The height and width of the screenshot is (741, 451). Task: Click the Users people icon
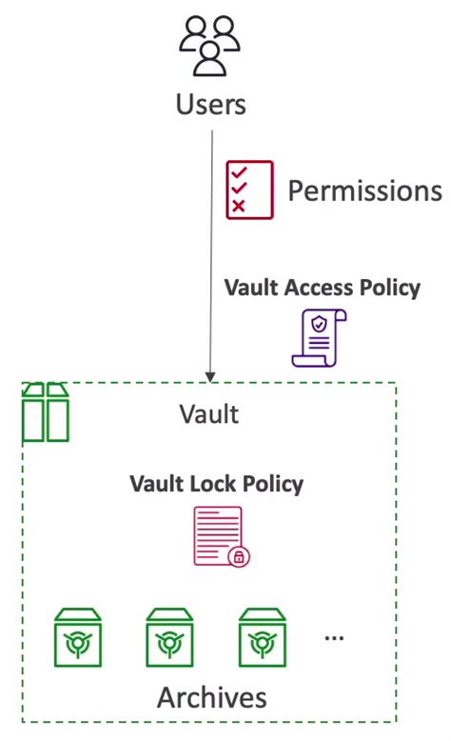[209, 46]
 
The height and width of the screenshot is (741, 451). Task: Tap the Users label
[210, 105]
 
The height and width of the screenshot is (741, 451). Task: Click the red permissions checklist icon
[249, 190]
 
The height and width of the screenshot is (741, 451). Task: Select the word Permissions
[365, 191]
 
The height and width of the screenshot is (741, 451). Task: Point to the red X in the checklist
[239, 206]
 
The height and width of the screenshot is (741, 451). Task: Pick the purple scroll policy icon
[319, 338]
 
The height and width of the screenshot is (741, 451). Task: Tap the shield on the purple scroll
[320, 324]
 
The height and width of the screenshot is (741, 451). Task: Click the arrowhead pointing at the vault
[210, 377]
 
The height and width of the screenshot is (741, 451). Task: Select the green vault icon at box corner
[46, 411]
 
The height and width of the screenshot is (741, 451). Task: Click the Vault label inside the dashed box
[208, 414]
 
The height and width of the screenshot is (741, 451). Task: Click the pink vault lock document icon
[222, 536]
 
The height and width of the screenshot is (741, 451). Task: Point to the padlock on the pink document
[239, 556]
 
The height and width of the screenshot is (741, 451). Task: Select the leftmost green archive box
[77, 637]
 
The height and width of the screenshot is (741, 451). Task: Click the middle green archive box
[169, 637]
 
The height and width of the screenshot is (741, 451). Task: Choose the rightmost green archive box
[262, 637]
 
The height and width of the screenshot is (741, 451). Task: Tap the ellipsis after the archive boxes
[334, 638]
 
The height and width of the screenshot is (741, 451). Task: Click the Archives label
[211, 697]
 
